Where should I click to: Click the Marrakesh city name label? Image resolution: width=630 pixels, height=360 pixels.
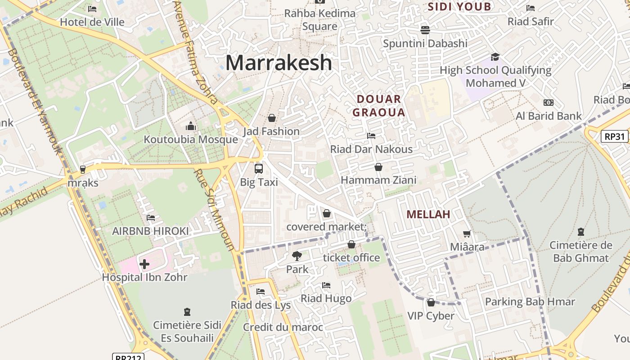pyautogui.click(x=279, y=63)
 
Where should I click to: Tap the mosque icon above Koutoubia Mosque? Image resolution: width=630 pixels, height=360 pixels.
pyautogui.click(x=191, y=126)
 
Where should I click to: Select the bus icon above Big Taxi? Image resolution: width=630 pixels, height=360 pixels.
pyautogui.click(x=258, y=169)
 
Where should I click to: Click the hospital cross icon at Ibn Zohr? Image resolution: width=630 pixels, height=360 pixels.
pyautogui.click(x=144, y=264)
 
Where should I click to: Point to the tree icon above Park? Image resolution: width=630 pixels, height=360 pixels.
pyautogui.click(x=297, y=256)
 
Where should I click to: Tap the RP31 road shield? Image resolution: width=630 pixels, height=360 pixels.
pyautogui.click(x=615, y=136)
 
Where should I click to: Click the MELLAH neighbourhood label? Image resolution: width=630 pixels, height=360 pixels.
pyautogui.click(x=428, y=214)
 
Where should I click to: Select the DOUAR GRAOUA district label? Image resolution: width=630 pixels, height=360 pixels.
pyautogui.click(x=378, y=106)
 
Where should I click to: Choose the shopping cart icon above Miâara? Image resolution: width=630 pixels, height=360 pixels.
pyautogui.click(x=467, y=234)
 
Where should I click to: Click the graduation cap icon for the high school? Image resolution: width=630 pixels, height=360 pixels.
pyautogui.click(x=495, y=57)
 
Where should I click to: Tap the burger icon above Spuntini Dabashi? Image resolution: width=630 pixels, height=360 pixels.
pyautogui.click(x=425, y=30)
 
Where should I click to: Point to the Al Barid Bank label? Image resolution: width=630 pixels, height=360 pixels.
pyautogui.click(x=549, y=116)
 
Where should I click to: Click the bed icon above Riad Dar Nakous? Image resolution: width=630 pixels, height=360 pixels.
pyautogui.click(x=371, y=135)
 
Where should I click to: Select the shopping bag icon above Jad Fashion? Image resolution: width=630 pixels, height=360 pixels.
pyautogui.click(x=271, y=118)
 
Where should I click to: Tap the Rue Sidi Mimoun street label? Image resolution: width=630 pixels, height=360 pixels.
pyautogui.click(x=214, y=210)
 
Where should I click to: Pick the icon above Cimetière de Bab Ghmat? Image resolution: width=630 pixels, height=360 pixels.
pyautogui.click(x=580, y=232)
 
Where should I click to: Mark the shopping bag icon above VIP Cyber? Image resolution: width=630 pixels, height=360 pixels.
pyautogui.click(x=431, y=302)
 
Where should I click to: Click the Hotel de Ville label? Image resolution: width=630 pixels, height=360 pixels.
pyautogui.click(x=92, y=22)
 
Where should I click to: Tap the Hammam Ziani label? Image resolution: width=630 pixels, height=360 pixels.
pyautogui.click(x=378, y=180)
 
